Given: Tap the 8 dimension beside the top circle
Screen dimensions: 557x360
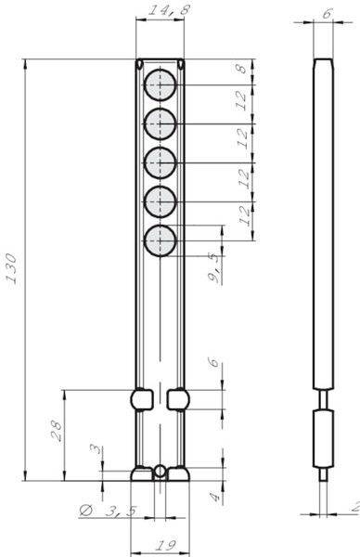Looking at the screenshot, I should [240, 70].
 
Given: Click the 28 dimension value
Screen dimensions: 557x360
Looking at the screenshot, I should [56, 431].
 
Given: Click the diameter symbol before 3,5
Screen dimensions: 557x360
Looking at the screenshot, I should [85, 512].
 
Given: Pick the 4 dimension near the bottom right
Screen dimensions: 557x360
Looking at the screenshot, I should [214, 498].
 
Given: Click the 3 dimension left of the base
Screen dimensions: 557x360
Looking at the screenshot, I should [94, 450].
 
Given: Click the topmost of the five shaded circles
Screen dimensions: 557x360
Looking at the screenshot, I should [160, 83].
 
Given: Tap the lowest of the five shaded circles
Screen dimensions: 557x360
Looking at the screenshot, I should [160, 240].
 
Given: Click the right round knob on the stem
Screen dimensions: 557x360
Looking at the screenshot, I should [179, 400].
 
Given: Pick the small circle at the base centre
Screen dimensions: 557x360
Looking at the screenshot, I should [160, 471].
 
